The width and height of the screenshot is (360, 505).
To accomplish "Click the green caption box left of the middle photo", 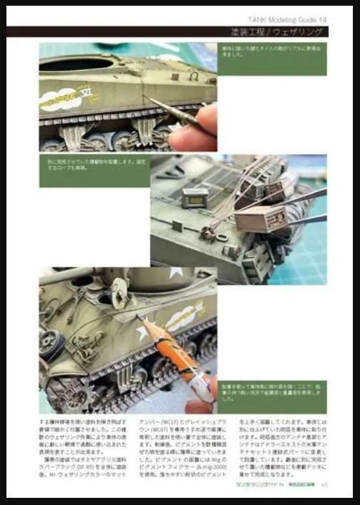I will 94,171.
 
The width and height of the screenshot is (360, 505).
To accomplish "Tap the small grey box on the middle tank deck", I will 195,196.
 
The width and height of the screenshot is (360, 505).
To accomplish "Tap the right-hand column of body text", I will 283,448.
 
